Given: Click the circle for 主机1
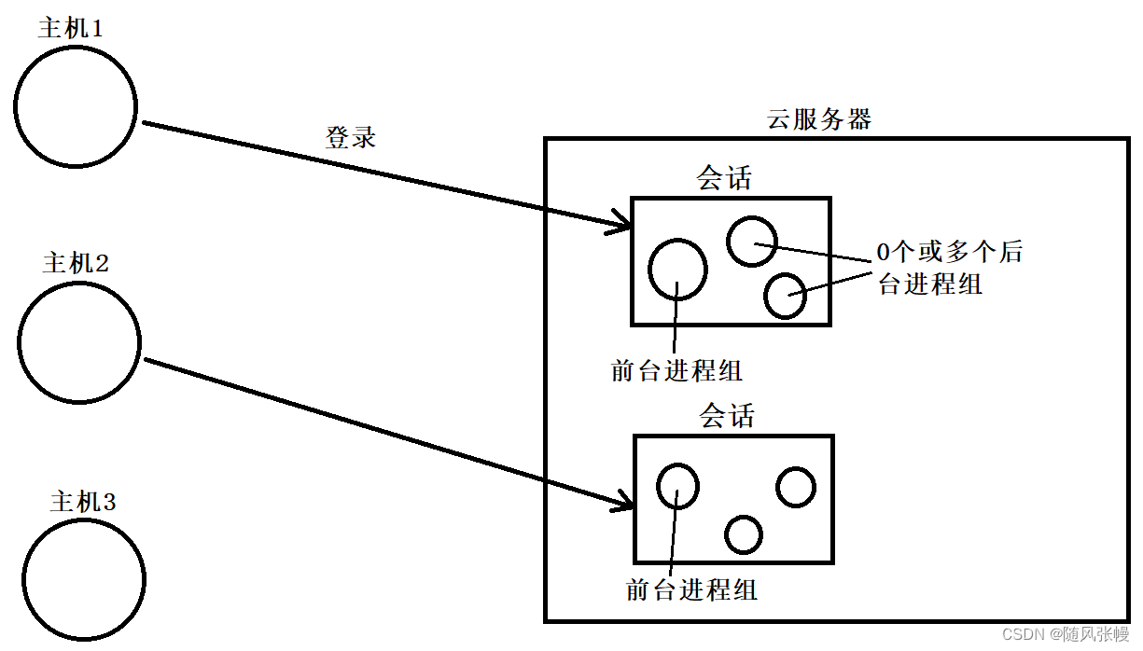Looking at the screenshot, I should pyautogui.click(x=76, y=106).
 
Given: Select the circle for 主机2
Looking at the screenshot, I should pyautogui.click(x=79, y=342).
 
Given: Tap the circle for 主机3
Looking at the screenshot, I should pyautogui.click(x=83, y=578).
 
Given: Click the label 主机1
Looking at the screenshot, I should pyautogui.click(x=70, y=27).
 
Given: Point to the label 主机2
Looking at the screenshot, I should pyautogui.click(x=76, y=262).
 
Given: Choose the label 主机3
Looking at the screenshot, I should pyautogui.click(x=83, y=502).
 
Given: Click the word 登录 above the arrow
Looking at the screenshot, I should pyautogui.click(x=350, y=138).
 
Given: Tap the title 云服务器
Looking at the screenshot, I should pyautogui.click(x=818, y=119).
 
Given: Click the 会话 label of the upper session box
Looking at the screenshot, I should pyautogui.click(x=724, y=178).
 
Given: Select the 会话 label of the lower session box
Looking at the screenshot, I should pyautogui.click(x=727, y=415).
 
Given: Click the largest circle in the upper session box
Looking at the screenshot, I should pyautogui.click(x=677, y=269).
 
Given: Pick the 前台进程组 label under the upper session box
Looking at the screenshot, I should pyautogui.click(x=676, y=370).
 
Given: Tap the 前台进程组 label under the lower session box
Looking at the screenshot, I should pyautogui.click(x=691, y=589).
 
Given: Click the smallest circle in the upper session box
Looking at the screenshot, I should pyautogui.click(x=785, y=296).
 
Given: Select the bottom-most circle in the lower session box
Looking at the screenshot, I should pyautogui.click(x=744, y=534).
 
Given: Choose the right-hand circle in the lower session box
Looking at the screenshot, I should pyautogui.click(x=795, y=487).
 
